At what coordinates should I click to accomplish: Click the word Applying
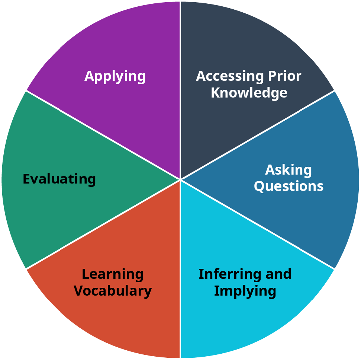click(x=115, y=77)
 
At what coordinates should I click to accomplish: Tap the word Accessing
click(x=229, y=76)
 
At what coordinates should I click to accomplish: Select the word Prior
click(x=285, y=76)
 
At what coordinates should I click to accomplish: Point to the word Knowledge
click(x=249, y=93)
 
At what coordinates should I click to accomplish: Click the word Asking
click(x=289, y=170)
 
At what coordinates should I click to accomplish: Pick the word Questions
click(x=289, y=186)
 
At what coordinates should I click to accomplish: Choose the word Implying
click(x=245, y=291)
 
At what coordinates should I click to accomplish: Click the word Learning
click(x=113, y=274)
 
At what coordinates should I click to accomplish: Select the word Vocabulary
click(x=113, y=291)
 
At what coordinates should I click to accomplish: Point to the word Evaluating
click(x=59, y=179)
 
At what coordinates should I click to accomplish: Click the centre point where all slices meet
click(x=180, y=179)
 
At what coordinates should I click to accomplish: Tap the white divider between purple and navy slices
click(x=180, y=90)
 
